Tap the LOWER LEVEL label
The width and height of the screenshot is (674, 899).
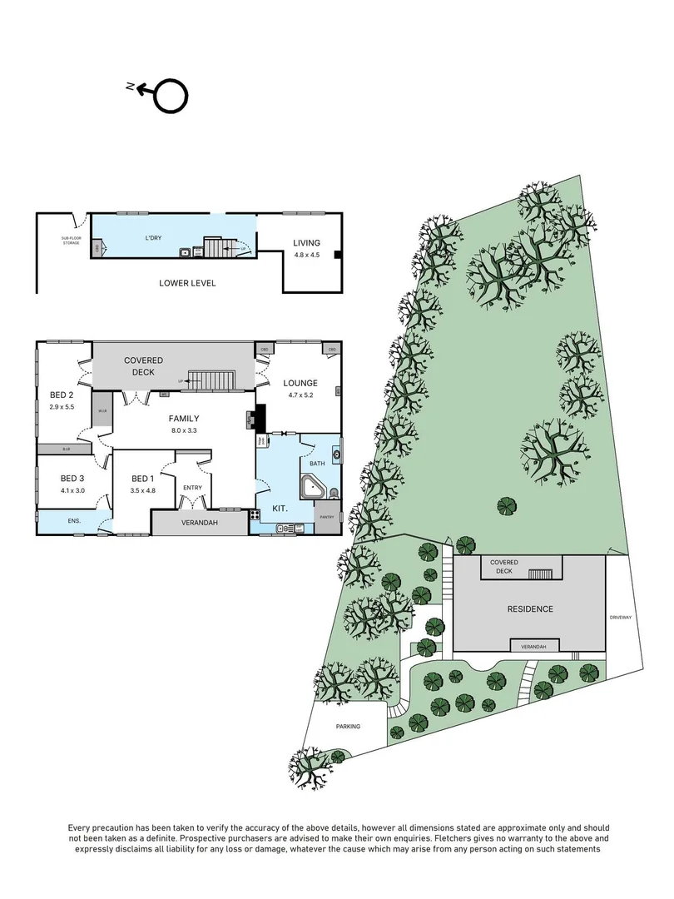tap(187, 283)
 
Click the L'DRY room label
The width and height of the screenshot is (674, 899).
tap(153, 238)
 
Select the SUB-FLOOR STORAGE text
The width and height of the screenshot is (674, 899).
tap(72, 241)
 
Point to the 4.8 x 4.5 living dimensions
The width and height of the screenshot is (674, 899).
tap(305, 255)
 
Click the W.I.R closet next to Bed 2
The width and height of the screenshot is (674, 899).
tap(103, 413)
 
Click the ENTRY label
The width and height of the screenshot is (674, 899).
tap(192, 488)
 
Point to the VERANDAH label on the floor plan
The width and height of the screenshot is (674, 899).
tap(199, 523)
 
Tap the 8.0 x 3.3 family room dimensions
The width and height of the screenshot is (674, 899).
tap(186, 431)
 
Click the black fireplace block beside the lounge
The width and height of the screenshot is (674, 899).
tap(260, 415)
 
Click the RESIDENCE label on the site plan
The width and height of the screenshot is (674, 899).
tap(530, 608)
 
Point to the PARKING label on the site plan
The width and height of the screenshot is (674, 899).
tap(349, 727)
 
